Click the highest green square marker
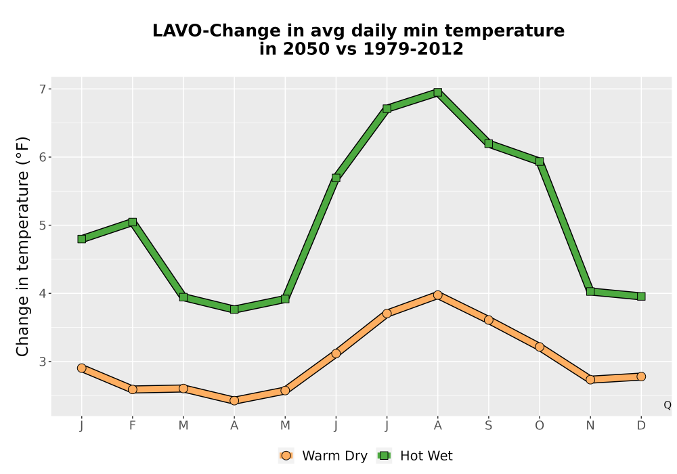438,92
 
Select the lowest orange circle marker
234,401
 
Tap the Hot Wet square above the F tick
133,222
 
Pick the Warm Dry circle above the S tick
489,320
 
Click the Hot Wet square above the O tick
540,161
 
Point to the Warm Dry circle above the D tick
641,376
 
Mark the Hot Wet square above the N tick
590,291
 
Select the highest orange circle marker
438,295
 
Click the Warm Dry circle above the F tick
133,389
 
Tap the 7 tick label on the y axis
43,89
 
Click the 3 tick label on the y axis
43,362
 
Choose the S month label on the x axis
489,426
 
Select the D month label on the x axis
641,426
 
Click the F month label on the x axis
133,426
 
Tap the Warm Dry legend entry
323,456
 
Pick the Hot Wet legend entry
415,456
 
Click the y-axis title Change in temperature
22,246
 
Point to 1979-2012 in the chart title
413,49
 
